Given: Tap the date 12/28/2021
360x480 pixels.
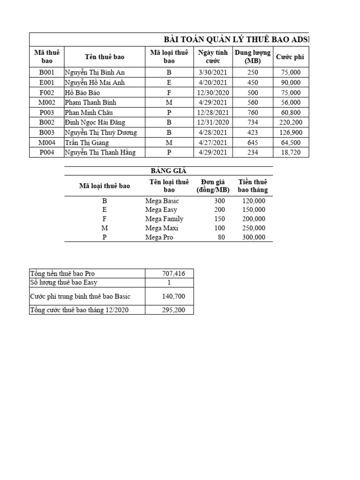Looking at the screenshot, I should click(x=212, y=112).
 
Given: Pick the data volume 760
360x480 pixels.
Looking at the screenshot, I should click(x=253, y=112).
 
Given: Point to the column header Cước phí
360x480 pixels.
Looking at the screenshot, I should click(x=290, y=57).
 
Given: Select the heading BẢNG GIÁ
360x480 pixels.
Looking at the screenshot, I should click(x=168, y=171).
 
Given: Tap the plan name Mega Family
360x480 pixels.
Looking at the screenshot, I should click(x=164, y=219).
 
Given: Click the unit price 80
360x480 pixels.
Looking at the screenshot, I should click(x=221, y=237).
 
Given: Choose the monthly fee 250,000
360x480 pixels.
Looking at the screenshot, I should click(x=254, y=228).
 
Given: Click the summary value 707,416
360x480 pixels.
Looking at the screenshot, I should click(x=169, y=273).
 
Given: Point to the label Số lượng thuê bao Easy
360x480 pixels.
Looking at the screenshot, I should click(x=64, y=282).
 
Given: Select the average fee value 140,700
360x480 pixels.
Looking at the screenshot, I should click(x=169, y=296).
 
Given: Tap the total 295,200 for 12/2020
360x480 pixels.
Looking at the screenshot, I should click(x=169, y=310).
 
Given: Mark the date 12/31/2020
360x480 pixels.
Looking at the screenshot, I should click(x=212, y=122).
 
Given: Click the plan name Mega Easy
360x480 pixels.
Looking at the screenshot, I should click(x=161, y=210).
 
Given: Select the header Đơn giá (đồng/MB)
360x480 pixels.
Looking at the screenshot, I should click(x=212, y=186).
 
